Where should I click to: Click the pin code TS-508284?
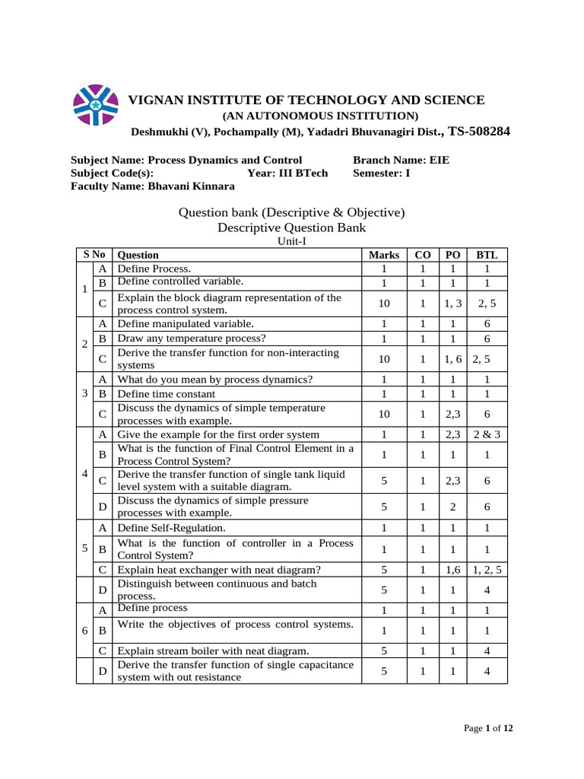tap(479, 132)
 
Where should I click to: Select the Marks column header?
tap(384, 255)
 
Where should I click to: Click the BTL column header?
tap(486, 255)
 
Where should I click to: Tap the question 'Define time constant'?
tap(166, 394)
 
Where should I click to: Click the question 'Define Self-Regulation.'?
tap(171, 527)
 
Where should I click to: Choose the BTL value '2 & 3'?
tap(486, 434)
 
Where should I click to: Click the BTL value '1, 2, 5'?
tap(486, 569)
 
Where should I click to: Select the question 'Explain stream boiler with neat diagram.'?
tap(213, 650)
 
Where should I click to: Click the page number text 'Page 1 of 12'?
tap(488, 729)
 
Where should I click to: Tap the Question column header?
tap(138, 255)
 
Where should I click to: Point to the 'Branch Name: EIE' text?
tap(406, 160)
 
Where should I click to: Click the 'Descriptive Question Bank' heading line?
tap(291, 227)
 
